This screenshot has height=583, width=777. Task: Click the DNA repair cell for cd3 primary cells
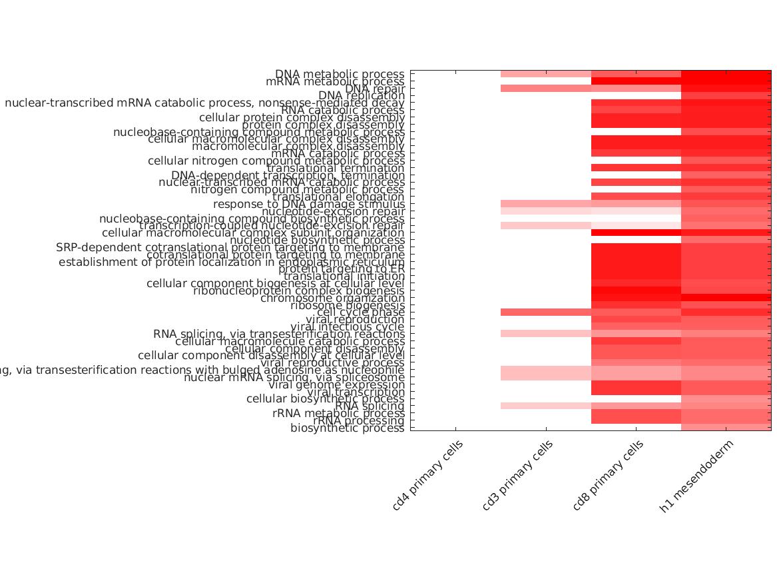coord(546,89)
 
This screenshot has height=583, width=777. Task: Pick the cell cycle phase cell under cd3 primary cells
coord(546,312)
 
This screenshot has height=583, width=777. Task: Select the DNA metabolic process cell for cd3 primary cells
coord(546,74)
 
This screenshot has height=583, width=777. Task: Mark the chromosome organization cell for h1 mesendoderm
coord(726,298)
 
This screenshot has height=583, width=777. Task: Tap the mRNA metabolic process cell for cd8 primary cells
coord(636,81)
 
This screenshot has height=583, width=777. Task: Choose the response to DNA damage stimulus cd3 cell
coord(546,204)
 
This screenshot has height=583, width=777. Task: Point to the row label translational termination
coord(336,168)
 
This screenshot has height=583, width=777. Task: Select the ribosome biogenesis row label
coord(347,305)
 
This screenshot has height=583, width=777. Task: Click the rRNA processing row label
coord(359,420)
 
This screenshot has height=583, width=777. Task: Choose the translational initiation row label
coord(344,277)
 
